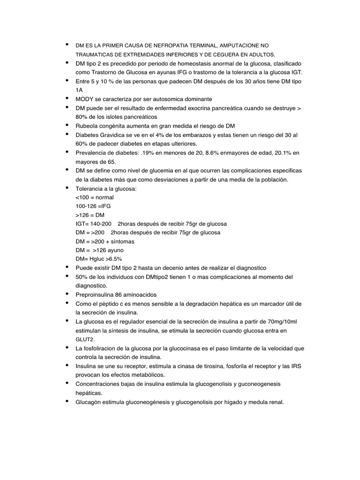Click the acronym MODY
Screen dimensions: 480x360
pyautogui.click(x=84, y=99)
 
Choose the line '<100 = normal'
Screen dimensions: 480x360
pyautogui.click(x=95, y=197)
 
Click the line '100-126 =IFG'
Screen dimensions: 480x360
pyautogui.click(x=93, y=206)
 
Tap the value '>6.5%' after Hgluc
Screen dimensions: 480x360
pyautogui.click(x=113, y=259)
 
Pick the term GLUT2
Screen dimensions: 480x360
pyautogui.click(x=84, y=339)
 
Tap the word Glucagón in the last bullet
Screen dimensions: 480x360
pyautogui.click(x=88, y=402)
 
